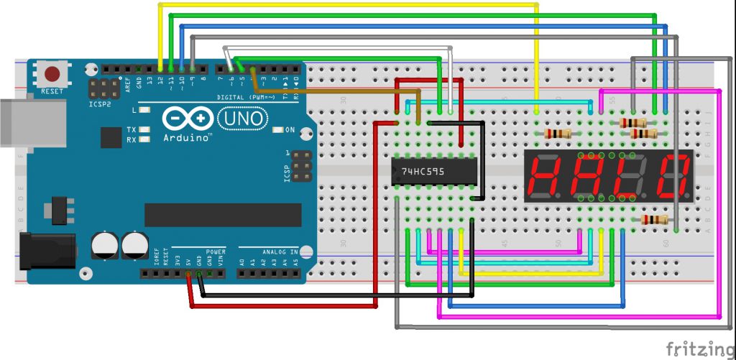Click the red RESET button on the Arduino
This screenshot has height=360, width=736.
coord(52,74)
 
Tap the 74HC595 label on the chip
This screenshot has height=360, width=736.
coord(423,172)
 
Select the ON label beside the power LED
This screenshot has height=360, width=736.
coord(290,130)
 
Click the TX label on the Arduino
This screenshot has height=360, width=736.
coord(132,130)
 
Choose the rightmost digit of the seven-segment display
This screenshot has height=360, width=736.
coord(674,176)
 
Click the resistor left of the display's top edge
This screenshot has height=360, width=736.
coord(558,134)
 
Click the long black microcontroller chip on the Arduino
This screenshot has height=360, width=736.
coord(223,214)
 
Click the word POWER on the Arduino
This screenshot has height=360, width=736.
coord(216,252)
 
